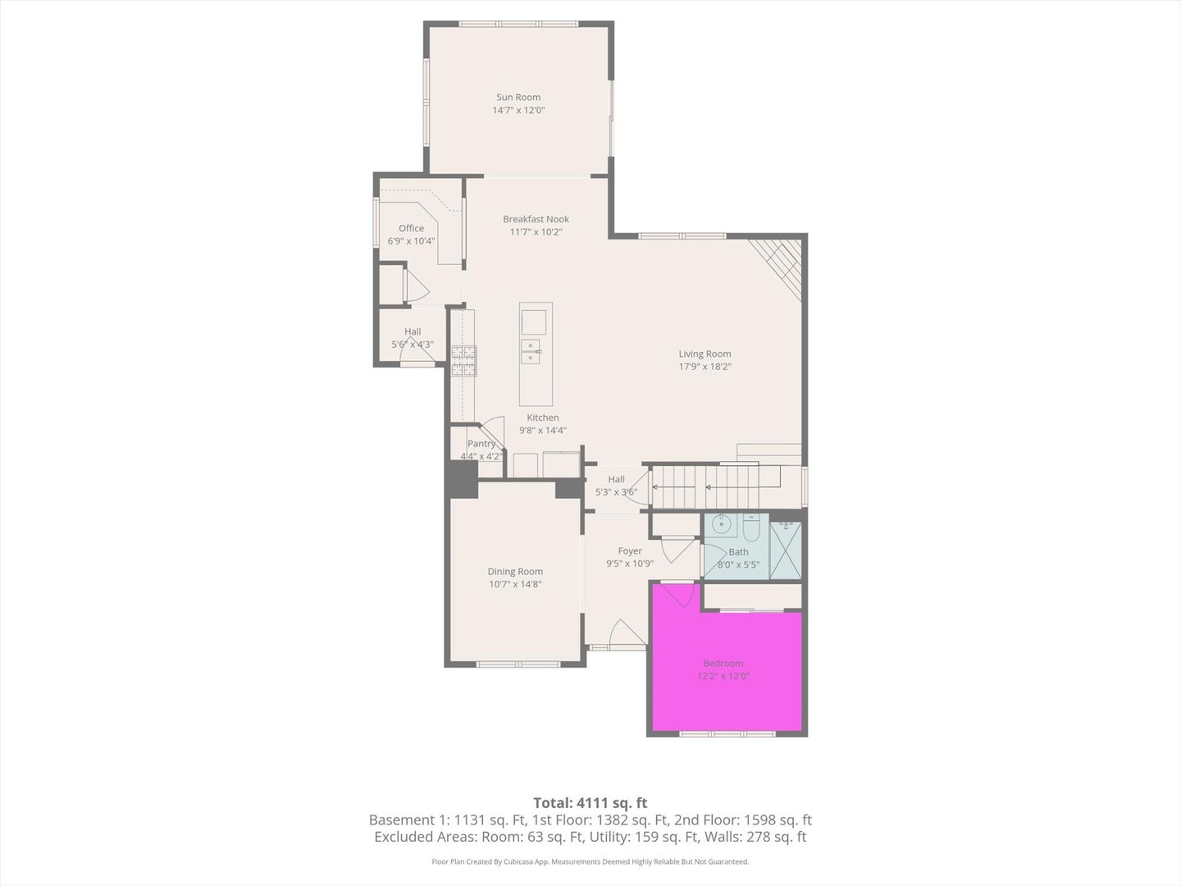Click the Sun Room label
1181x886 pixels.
[x=518, y=97]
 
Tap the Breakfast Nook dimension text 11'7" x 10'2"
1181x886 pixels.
[x=536, y=232]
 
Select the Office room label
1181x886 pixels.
[x=411, y=228]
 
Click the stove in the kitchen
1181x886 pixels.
[x=463, y=361]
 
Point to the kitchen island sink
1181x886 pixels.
[x=531, y=351]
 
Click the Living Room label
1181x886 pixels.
[x=704, y=354]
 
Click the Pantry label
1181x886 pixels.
[x=481, y=444]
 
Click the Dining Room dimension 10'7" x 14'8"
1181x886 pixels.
[x=515, y=584]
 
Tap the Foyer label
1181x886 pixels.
[x=630, y=550]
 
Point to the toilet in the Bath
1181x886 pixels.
[x=751, y=525]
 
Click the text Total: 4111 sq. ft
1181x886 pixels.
[x=590, y=802]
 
